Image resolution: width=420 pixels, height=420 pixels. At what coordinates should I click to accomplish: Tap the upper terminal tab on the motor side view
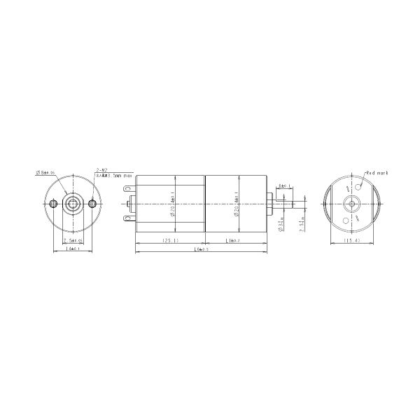(127, 188)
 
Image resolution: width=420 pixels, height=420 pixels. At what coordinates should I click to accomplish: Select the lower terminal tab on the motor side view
(127, 220)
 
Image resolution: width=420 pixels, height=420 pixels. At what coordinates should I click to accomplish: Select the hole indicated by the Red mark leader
(360, 186)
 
